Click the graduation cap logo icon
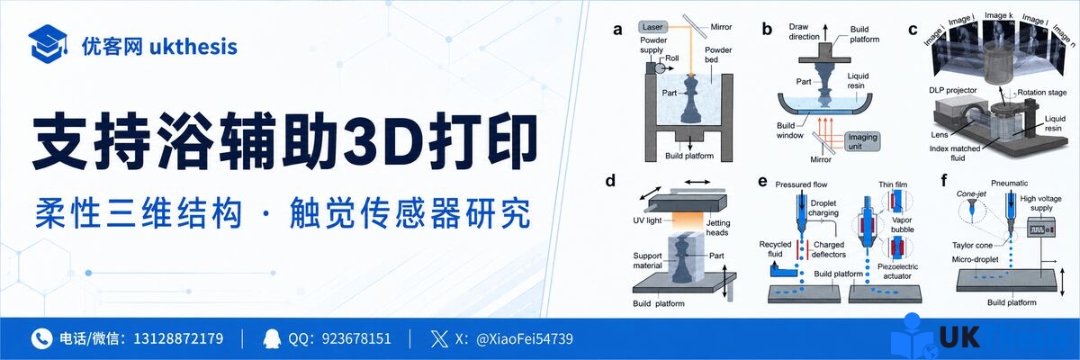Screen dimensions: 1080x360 click(48, 43)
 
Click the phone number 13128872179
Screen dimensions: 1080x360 click(178, 338)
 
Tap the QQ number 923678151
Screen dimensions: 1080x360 click(356, 338)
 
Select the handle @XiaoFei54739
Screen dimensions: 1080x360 click(525, 338)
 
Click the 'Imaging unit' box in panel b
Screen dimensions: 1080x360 click(862, 141)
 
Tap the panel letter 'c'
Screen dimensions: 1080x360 click(913, 31)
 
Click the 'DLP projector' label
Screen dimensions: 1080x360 click(953, 90)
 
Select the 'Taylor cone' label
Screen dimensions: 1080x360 click(972, 246)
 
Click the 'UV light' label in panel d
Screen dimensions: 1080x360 click(647, 220)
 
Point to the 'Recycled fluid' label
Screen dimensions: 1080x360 click(775, 248)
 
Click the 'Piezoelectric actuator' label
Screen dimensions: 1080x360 click(897, 271)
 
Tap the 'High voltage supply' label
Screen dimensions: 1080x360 click(1041, 202)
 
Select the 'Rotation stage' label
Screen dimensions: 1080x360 click(1042, 92)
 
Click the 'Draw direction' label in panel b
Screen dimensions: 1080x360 click(804, 31)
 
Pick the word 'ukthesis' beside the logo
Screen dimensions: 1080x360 click(193, 47)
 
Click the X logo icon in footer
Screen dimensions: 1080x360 click(439, 338)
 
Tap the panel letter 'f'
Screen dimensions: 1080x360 click(943, 181)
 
